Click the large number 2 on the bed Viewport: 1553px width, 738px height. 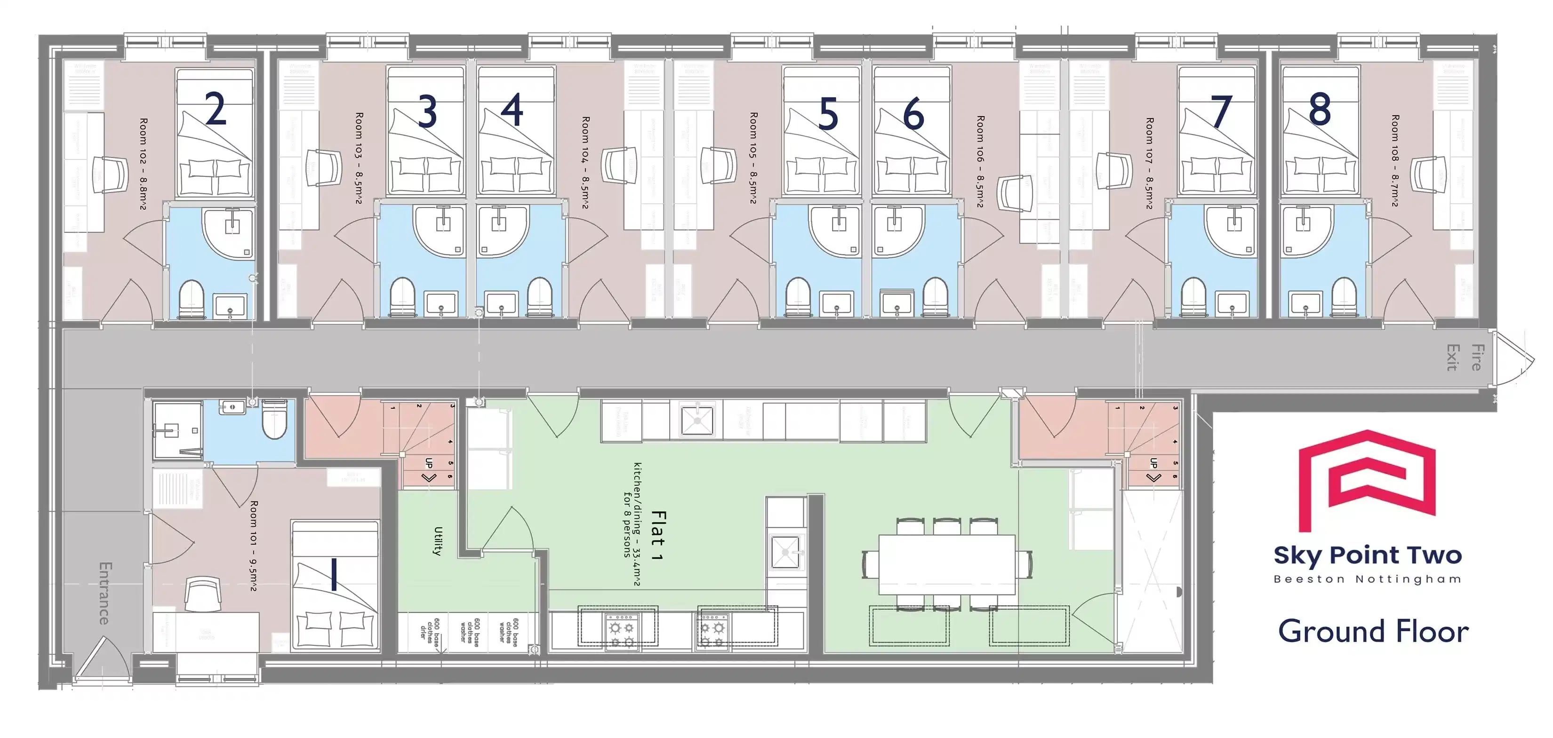pos(215,109)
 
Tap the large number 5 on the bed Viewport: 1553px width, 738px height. pos(828,114)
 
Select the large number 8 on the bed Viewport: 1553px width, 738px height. pos(1320,109)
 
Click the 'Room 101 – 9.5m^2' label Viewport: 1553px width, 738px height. pos(254,545)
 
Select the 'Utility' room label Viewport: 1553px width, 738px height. pos(438,540)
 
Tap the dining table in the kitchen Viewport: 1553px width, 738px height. pos(946,564)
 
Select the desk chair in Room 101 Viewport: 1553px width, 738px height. pos(202,594)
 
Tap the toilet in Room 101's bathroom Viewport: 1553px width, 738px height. pos(274,420)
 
